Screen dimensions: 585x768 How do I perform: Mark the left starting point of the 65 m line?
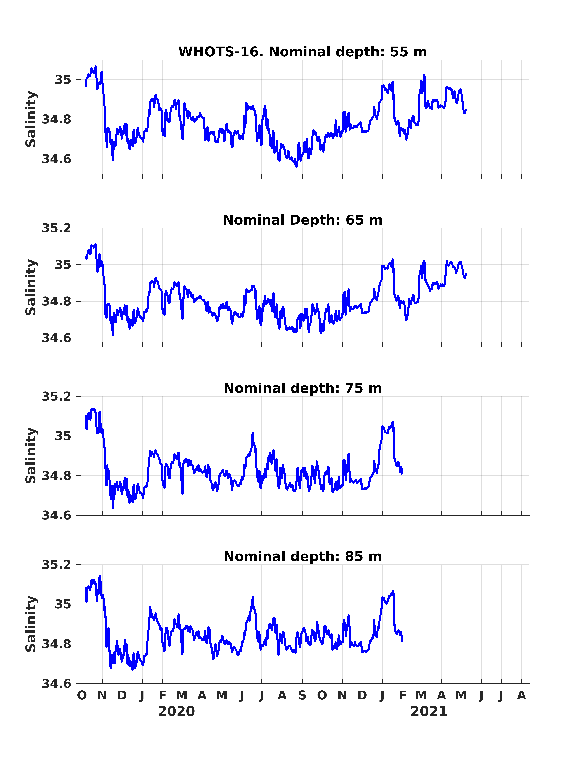click(86, 256)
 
